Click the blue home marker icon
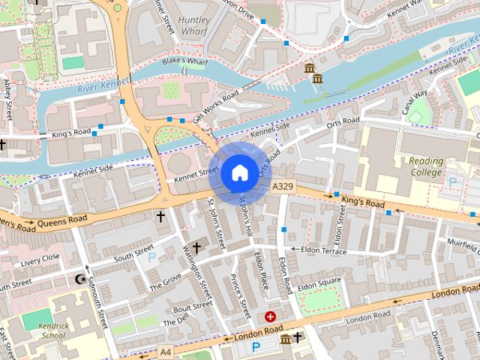coord(239,172)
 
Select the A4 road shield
coord(165,349)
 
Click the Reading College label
coord(426,166)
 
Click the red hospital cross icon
coord(270,317)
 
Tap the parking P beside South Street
coord(153,257)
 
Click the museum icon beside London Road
coord(285,340)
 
